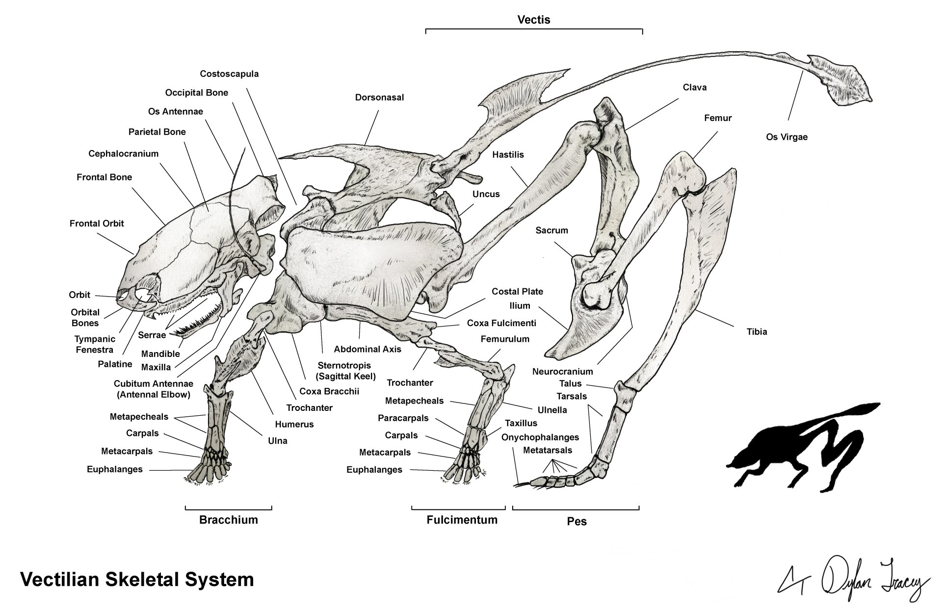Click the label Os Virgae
pos(786,137)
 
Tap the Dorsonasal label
pos(379,98)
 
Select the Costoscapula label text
pos(229,74)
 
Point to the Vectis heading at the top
pos(534,20)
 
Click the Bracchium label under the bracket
pos(228,520)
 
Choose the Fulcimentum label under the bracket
pos(462,520)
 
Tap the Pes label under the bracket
pos(576,521)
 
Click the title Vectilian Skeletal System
pos(137,580)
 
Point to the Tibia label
pos(757,332)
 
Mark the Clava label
pos(695,88)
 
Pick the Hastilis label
pos(508,155)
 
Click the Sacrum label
pos(551,230)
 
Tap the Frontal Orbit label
pos(97,224)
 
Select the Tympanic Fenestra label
pos(95,344)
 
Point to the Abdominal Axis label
pos(367,350)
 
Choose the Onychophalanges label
pos(540,437)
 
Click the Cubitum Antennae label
pos(153,389)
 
